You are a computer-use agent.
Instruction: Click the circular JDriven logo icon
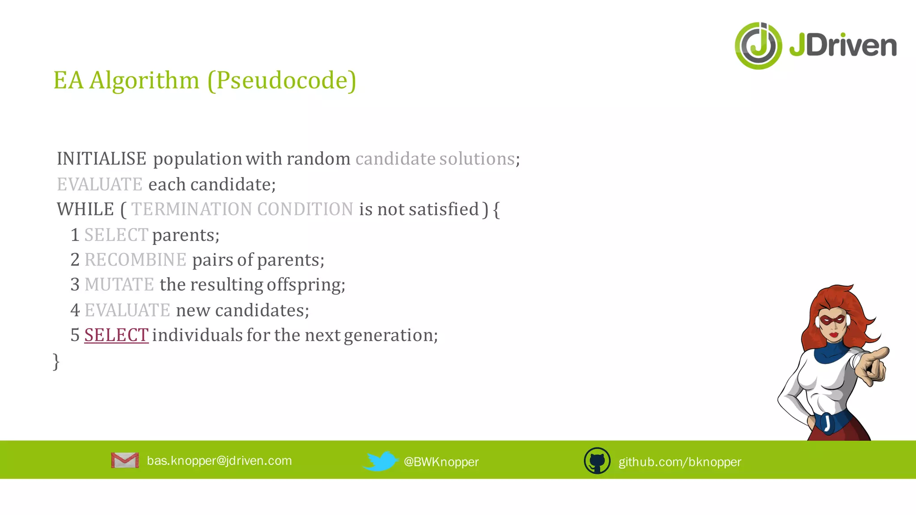tap(758, 46)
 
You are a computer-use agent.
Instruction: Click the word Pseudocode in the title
tap(282, 80)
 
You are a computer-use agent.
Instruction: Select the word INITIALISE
tap(102, 159)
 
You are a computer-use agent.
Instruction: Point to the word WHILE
tap(85, 209)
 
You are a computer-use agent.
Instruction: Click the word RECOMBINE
tap(135, 260)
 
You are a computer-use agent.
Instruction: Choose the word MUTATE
tap(119, 285)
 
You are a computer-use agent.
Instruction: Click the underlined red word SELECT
tap(116, 335)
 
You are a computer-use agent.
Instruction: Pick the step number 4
tap(75, 310)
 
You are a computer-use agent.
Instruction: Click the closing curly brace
tap(56, 361)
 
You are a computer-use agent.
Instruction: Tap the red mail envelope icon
tap(125, 460)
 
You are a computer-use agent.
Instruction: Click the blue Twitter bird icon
tap(380, 461)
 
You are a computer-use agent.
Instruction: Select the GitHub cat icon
tap(597, 461)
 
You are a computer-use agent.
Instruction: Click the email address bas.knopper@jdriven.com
tap(219, 461)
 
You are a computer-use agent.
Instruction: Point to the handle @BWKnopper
tap(441, 462)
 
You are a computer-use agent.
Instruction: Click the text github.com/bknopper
tap(680, 462)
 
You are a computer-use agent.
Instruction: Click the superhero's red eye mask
tap(833, 320)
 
